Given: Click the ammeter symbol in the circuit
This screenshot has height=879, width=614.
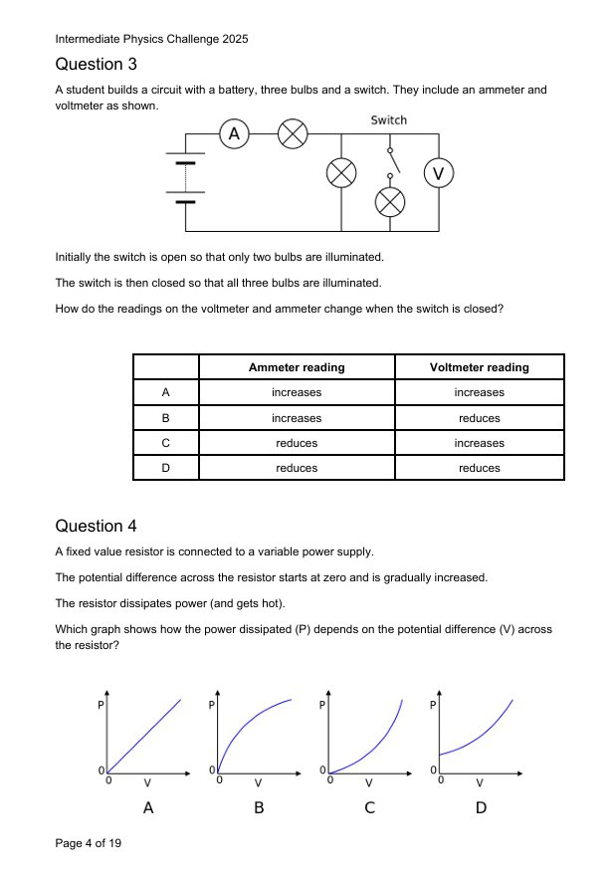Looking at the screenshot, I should [234, 133].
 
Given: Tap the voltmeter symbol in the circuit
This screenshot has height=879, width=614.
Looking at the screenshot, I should [439, 173].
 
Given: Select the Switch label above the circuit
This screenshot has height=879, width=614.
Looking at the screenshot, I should [388, 120].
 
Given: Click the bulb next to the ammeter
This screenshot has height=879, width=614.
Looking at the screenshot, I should [292, 133].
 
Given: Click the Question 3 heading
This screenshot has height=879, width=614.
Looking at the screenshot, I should [97, 65].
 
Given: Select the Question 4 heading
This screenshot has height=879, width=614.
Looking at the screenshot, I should [97, 526].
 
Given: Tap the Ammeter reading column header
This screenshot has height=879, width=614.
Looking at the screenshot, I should [297, 367].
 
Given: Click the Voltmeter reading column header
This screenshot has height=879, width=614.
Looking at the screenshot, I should [479, 367].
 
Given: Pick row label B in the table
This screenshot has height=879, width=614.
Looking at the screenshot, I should [166, 418].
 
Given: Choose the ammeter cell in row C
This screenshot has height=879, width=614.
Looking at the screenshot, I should [297, 443].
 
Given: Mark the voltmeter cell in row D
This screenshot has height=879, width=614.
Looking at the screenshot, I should [479, 468].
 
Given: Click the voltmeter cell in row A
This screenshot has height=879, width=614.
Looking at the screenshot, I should [479, 393].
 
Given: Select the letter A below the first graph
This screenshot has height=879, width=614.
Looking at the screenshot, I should [148, 808].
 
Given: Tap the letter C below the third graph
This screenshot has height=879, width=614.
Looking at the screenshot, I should [369, 808].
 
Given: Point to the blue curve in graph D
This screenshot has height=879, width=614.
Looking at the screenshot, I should [478, 735].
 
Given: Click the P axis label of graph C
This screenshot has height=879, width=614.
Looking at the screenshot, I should [321, 705].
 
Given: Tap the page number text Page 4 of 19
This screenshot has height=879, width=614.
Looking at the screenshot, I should [89, 844].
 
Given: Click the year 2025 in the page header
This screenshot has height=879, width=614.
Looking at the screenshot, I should [234, 39].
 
